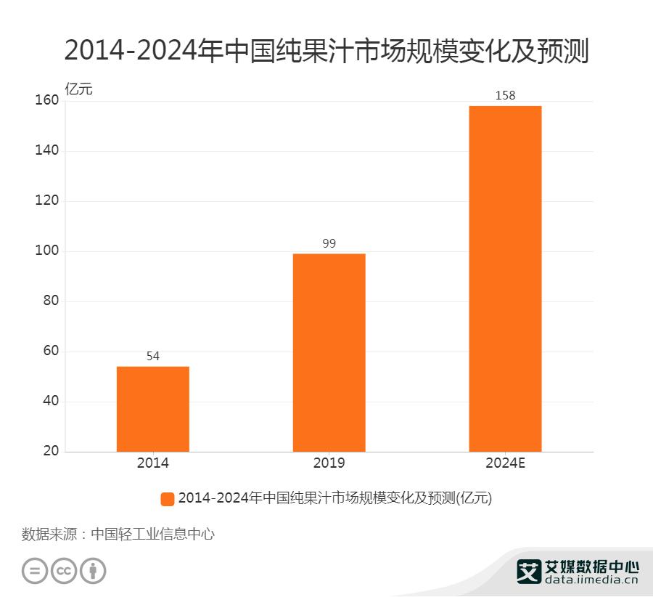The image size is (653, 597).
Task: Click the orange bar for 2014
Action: click(152, 409)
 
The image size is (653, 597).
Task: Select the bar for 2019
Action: click(329, 352)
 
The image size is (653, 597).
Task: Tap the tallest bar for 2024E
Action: click(505, 279)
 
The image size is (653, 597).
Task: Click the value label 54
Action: click(152, 356)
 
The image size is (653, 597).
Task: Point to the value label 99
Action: click(329, 243)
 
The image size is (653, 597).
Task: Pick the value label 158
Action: click(505, 95)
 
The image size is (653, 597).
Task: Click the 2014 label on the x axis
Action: click(152, 463)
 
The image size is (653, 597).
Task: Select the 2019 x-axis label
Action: click(329, 463)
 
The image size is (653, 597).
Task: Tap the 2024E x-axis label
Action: click(505, 463)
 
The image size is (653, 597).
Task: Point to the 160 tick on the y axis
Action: click(46, 101)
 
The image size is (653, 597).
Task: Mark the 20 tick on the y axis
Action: click(51, 452)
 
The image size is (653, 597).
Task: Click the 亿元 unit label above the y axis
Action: click(79, 89)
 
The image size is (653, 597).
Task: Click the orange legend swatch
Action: click(168, 498)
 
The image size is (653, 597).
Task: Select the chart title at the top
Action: click(326, 51)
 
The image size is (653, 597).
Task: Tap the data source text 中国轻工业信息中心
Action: click(153, 535)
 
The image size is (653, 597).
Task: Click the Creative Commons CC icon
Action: click(64, 570)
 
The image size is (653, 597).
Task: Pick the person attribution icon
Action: click(93, 570)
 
